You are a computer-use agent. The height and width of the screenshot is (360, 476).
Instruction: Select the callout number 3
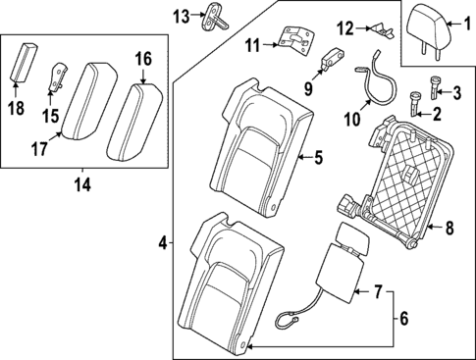455,92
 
